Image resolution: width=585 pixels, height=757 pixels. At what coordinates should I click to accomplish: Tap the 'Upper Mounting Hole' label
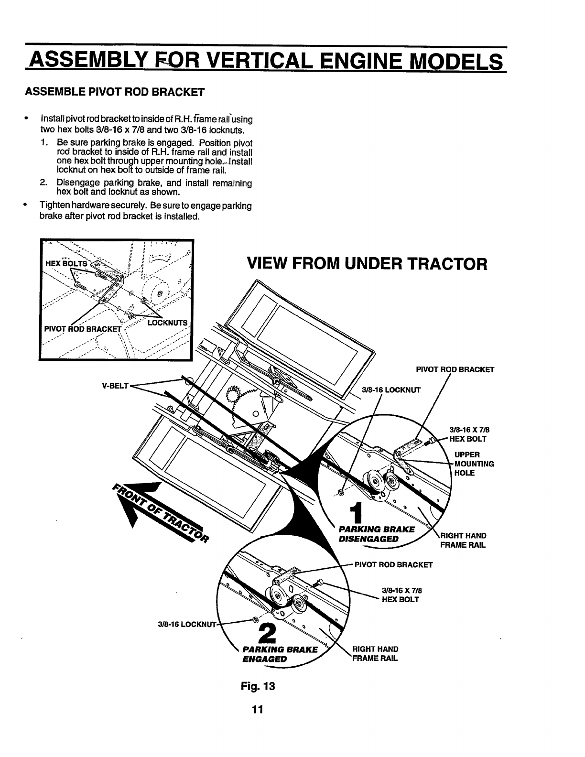point(474,464)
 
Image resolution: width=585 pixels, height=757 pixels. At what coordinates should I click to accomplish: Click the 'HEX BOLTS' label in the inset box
point(66,264)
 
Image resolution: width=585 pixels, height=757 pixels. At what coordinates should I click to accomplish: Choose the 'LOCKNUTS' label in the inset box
point(168,323)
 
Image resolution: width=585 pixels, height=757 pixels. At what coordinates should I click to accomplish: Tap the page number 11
point(259,709)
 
